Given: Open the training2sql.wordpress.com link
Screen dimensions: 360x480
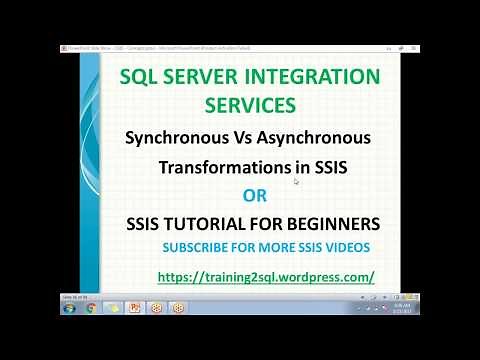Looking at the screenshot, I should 265,275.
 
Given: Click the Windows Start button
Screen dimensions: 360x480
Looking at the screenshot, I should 67,308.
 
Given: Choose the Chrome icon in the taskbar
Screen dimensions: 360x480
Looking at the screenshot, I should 91,308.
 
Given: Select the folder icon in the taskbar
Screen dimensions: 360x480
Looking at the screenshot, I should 114,308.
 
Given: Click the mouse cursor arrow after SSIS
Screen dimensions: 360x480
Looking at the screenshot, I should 296,181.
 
